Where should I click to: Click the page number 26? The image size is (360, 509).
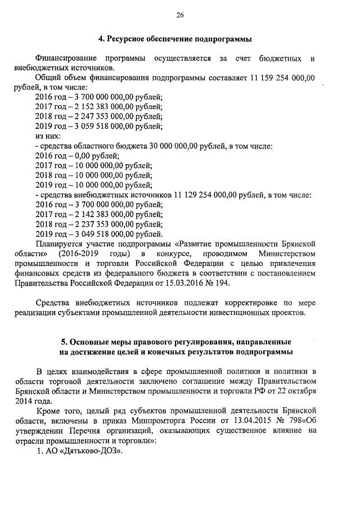coord(180,15)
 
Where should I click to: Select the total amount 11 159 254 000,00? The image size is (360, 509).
coord(281,78)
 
